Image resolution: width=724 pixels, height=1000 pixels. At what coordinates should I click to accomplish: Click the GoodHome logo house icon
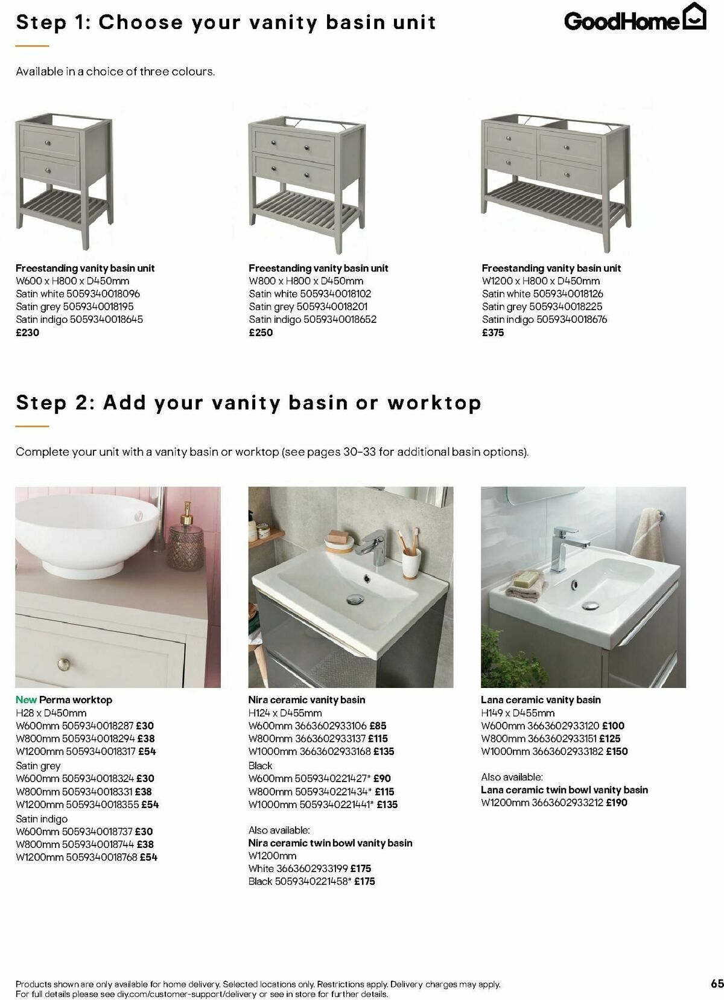click(x=694, y=16)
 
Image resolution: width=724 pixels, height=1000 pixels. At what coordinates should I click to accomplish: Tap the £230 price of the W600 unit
click(x=27, y=333)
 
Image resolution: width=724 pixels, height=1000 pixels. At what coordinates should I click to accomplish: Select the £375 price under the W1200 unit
click(x=493, y=333)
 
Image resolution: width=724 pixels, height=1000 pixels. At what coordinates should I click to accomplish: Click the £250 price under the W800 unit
click(x=261, y=333)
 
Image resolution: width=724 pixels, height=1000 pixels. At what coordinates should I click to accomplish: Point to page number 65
click(x=717, y=983)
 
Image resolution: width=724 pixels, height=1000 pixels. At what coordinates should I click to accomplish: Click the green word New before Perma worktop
click(x=26, y=700)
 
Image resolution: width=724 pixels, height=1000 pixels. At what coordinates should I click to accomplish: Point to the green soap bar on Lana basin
click(x=525, y=579)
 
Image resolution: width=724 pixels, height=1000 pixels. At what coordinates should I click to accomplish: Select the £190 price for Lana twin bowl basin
click(x=617, y=803)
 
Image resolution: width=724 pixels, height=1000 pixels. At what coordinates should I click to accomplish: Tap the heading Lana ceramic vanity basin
click(x=541, y=700)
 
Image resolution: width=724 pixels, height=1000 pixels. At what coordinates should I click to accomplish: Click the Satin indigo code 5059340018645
click(x=107, y=319)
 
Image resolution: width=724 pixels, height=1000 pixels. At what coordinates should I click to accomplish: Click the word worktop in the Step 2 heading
click(x=434, y=403)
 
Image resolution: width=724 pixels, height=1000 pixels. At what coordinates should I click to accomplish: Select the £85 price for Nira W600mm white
click(x=378, y=726)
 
